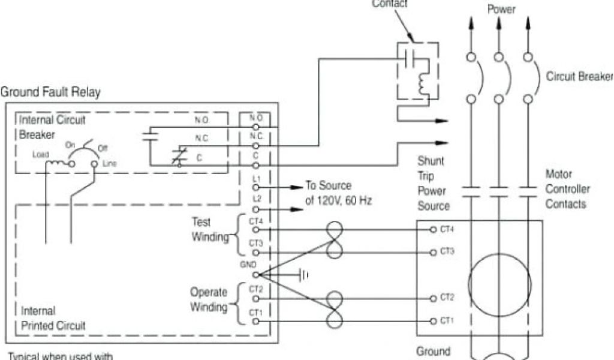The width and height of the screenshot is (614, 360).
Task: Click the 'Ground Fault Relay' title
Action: (x=50, y=92)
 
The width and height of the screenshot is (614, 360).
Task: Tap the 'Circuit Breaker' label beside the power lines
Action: (x=579, y=77)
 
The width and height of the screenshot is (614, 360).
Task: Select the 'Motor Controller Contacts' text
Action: (x=567, y=189)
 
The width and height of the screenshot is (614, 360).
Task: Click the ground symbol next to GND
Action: (x=303, y=275)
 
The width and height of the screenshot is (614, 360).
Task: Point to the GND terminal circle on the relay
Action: (x=257, y=275)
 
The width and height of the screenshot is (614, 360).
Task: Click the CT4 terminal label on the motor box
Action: (x=447, y=229)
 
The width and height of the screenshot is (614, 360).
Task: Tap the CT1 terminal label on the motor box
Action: (x=447, y=321)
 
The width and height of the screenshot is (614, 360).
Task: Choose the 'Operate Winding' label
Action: (x=209, y=300)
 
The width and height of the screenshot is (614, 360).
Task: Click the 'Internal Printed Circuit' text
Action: (x=53, y=319)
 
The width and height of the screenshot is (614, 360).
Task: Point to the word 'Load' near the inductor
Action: (x=41, y=155)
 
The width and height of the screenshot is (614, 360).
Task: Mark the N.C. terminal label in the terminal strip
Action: (x=257, y=136)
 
